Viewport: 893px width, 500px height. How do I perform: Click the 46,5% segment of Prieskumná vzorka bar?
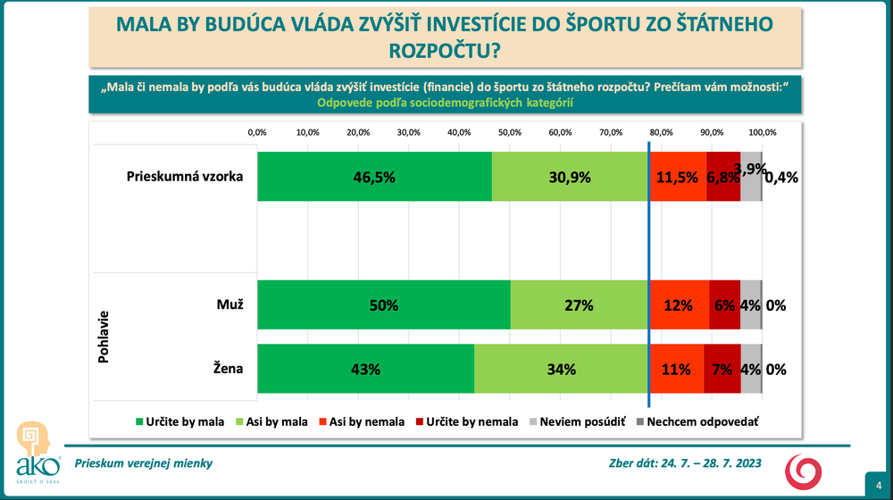pyautogui.click(x=374, y=177)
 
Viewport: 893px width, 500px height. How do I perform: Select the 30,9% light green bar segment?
pyautogui.click(x=571, y=177)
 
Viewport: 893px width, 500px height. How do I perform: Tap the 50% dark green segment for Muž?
pyautogui.click(x=383, y=304)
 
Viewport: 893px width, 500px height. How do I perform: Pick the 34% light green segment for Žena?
pyautogui.click(x=562, y=369)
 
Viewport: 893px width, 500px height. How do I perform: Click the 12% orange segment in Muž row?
pyautogui.click(x=679, y=304)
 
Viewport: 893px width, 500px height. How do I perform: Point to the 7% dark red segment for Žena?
pyautogui.click(x=722, y=369)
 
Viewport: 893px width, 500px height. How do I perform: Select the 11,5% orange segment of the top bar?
pyautogui.click(x=678, y=177)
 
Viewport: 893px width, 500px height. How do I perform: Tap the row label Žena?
pyautogui.click(x=229, y=366)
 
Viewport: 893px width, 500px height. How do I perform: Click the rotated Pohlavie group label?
pyautogui.click(x=104, y=336)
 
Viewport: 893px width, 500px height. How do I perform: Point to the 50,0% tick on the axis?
pyautogui.click(x=509, y=132)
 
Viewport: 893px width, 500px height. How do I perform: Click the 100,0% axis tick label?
pyautogui.click(x=762, y=132)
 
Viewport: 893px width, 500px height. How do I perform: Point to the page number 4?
pyautogui.click(x=877, y=483)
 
